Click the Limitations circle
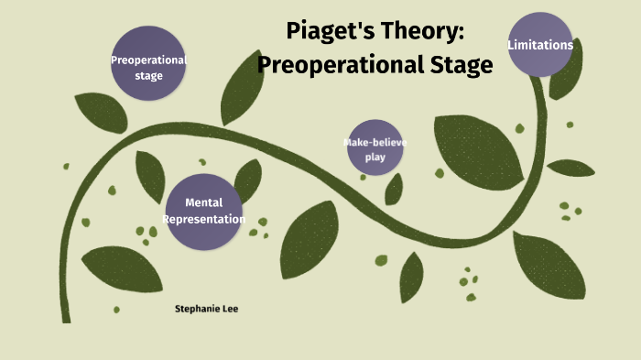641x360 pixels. pos(540,44)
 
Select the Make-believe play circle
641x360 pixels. pos(375,147)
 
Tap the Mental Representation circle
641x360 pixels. pos(203,211)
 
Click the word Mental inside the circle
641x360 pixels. pos(203,202)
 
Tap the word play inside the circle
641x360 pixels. pos(375,157)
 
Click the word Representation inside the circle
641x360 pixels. pos(203,220)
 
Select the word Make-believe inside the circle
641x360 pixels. pos(375,143)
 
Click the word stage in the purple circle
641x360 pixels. pos(148,75)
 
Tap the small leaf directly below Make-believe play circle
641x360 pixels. pos(394,189)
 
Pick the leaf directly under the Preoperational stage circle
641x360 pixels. pos(101,113)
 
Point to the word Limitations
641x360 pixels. pos(540,44)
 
